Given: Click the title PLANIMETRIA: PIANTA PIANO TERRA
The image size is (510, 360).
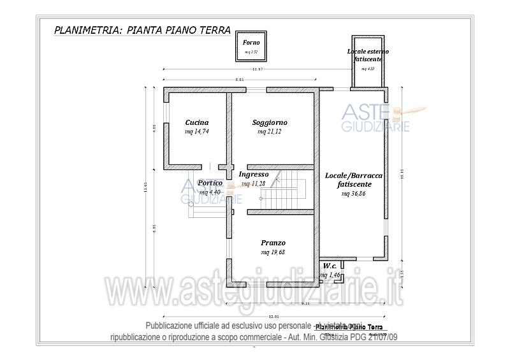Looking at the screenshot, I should click(143, 29).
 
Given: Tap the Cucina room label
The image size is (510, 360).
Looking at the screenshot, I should click(197, 122).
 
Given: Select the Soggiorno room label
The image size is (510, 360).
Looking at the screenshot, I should click(270, 122).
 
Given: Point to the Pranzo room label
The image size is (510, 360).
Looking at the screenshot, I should click(273, 243).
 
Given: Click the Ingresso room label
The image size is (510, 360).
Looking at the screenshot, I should click(254, 174).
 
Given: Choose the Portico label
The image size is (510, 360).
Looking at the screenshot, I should click(210, 182).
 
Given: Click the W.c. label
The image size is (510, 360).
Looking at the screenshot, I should click(330, 266).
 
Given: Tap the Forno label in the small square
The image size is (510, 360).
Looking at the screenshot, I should click(251, 42).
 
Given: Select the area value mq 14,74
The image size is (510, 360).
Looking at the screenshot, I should click(197, 132).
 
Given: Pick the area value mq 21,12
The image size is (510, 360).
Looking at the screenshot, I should click(270, 132).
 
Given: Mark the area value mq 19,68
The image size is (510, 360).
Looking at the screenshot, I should click(273, 252).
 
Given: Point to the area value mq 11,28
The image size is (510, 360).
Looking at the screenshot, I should click(254, 184).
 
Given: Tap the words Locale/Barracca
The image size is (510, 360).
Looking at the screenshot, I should click(354, 175).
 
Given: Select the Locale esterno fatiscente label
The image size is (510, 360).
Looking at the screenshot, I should click(368, 55).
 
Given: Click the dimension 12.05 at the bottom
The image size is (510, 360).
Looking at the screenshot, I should click(274, 317).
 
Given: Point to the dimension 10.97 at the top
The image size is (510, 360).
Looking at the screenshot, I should click(258, 69).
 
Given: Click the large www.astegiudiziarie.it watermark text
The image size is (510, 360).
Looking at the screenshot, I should click(255, 292).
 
